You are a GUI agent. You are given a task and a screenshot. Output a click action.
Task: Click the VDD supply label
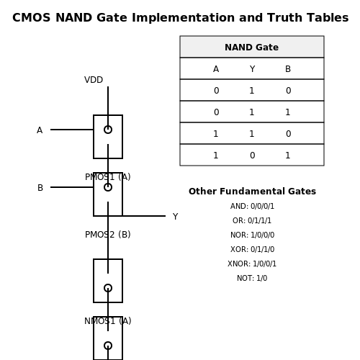pos(94,80)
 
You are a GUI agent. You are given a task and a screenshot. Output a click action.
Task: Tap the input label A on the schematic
pos(40,130)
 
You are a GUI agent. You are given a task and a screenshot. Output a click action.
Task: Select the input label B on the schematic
pos(40,188)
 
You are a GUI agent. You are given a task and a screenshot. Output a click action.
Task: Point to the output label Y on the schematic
pos(175,217)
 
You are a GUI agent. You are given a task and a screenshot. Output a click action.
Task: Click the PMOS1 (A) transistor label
pos(108,177)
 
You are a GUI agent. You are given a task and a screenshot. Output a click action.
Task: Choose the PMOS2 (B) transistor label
pos(108,235)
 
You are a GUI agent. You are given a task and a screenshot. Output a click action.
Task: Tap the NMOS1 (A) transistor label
pos(108,321)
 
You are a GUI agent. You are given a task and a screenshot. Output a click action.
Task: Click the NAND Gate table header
pos(252,48)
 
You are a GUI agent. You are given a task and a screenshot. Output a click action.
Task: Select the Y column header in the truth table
pos(252,69)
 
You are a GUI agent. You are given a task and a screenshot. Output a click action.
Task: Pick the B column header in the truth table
pos(288,69)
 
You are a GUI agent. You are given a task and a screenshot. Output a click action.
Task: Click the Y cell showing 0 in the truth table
pos(252,156)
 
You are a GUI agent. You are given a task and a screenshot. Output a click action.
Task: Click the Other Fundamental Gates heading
pos(252,192)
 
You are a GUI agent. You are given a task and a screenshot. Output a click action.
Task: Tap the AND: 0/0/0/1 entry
pos(252,206)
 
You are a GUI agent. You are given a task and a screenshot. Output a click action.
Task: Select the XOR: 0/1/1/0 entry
pos(252,249)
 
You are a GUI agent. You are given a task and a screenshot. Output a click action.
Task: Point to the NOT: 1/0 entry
pos(252,278)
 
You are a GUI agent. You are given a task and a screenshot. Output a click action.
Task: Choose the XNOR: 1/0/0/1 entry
pos(252,264)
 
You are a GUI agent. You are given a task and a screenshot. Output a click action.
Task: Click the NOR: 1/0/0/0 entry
pos(252,235)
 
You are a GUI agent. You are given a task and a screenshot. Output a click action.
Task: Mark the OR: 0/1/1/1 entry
pos(252,220)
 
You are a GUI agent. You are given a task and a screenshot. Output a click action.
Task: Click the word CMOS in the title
pos(32,18)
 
